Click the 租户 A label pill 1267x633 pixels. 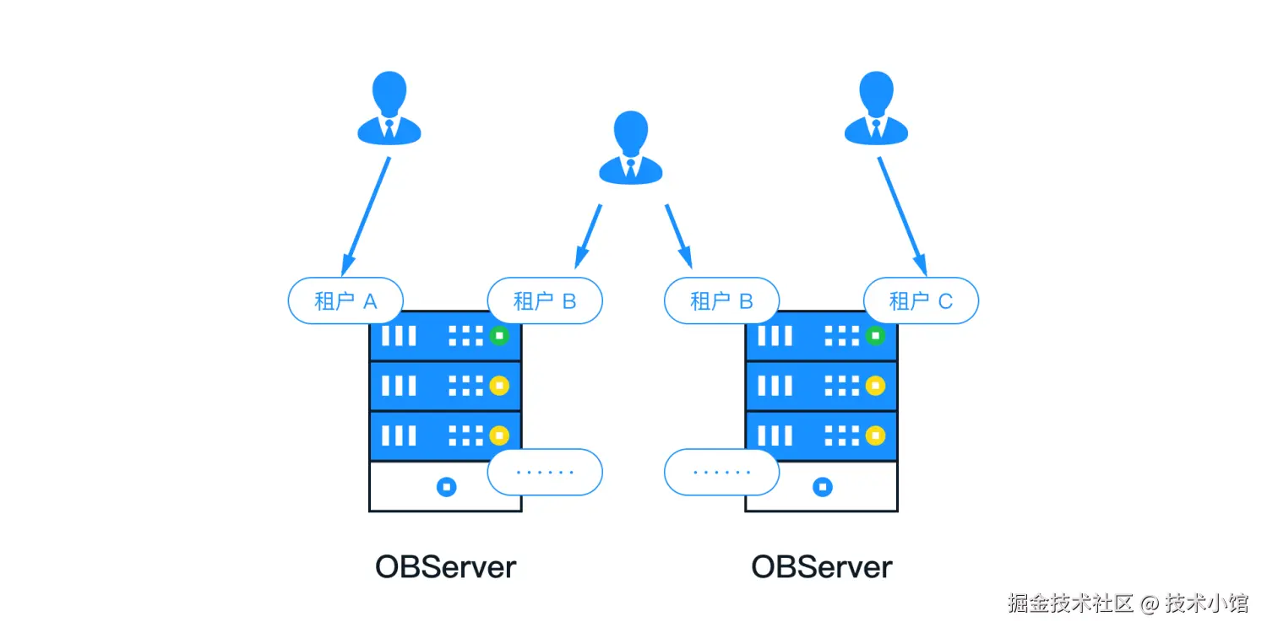(345, 300)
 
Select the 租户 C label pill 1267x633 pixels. (921, 300)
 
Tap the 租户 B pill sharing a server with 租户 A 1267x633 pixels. (545, 300)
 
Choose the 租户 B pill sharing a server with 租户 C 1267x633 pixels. (721, 300)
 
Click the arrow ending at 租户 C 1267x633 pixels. (902, 215)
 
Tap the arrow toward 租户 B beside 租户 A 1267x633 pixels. (589, 235)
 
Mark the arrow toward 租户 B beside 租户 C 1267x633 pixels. (678, 235)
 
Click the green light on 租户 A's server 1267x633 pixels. (499, 336)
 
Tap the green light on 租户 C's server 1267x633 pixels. (876, 336)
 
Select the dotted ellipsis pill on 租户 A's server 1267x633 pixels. (545, 472)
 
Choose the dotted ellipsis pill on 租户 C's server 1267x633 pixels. (721, 472)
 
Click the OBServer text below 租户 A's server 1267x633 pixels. (445, 566)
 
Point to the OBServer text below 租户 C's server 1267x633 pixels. (822, 566)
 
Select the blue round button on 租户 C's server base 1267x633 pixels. (822, 487)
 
